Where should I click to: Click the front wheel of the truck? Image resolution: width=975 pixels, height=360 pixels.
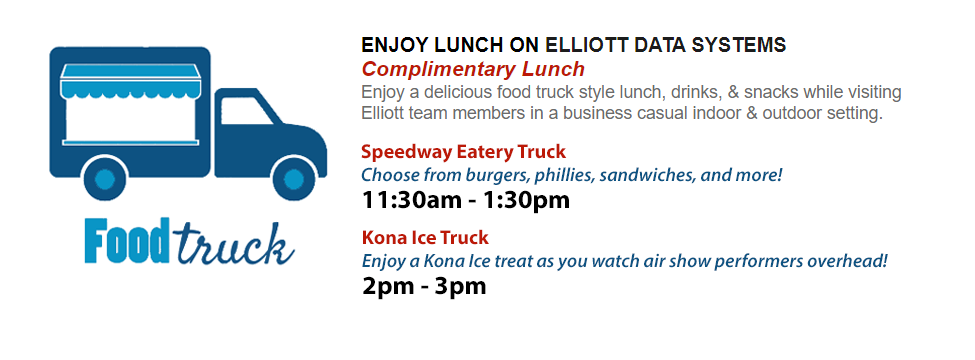(293, 178)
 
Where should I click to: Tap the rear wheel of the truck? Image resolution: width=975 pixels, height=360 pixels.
(105, 178)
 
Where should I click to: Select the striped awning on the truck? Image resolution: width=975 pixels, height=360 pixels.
(131, 81)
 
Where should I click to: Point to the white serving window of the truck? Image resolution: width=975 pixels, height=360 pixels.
(131, 119)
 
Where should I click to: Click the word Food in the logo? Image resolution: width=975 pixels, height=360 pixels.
(127, 240)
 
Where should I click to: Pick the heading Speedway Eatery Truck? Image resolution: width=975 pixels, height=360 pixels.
(463, 152)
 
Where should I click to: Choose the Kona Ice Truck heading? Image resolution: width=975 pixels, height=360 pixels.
(425, 238)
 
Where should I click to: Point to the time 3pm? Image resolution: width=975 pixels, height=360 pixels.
(461, 287)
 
